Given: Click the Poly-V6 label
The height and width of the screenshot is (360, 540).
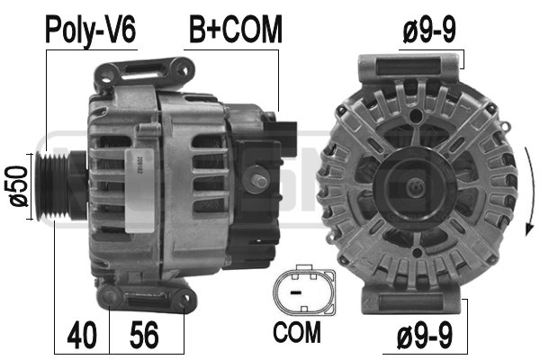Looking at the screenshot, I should pos(90,29).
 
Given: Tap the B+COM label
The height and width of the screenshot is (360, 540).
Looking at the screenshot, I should pos(235,29).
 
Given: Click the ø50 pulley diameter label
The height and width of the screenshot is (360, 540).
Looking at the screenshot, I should pos(16,186).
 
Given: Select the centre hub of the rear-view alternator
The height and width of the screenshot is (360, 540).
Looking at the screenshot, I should pos(416,187).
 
